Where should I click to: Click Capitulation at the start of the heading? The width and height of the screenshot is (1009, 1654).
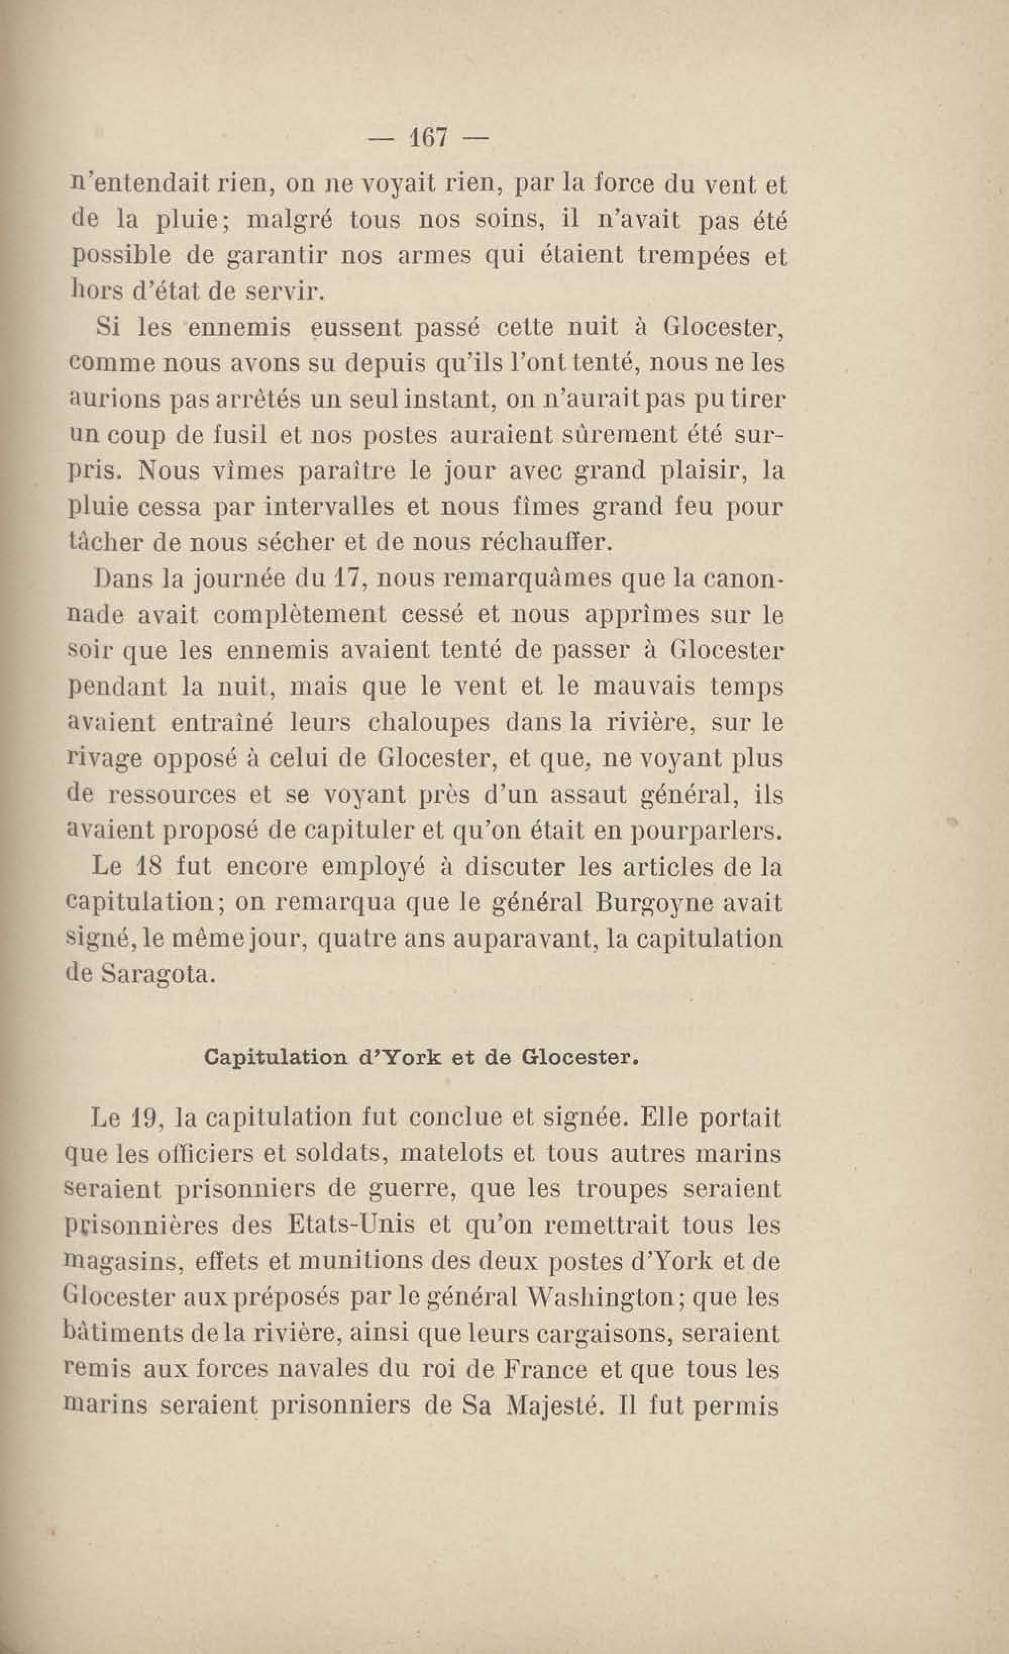(x=276, y=1058)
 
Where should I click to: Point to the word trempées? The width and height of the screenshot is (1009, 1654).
(x=694, y=256)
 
